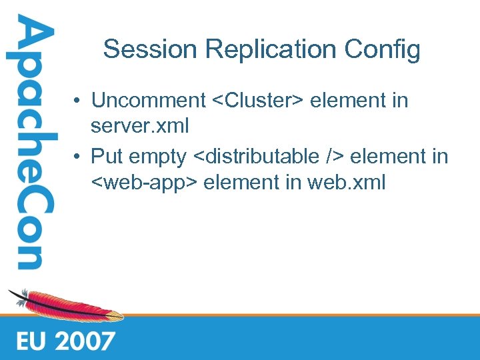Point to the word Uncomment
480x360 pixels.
[x=149, y=101]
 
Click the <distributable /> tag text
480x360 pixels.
[x=268, y=157]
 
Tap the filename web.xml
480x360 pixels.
[x=346, y=181]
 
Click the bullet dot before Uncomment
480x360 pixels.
[x=78, y=101]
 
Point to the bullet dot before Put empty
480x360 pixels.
[x=78, y=157]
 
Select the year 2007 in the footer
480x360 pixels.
[x=85, y=341]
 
